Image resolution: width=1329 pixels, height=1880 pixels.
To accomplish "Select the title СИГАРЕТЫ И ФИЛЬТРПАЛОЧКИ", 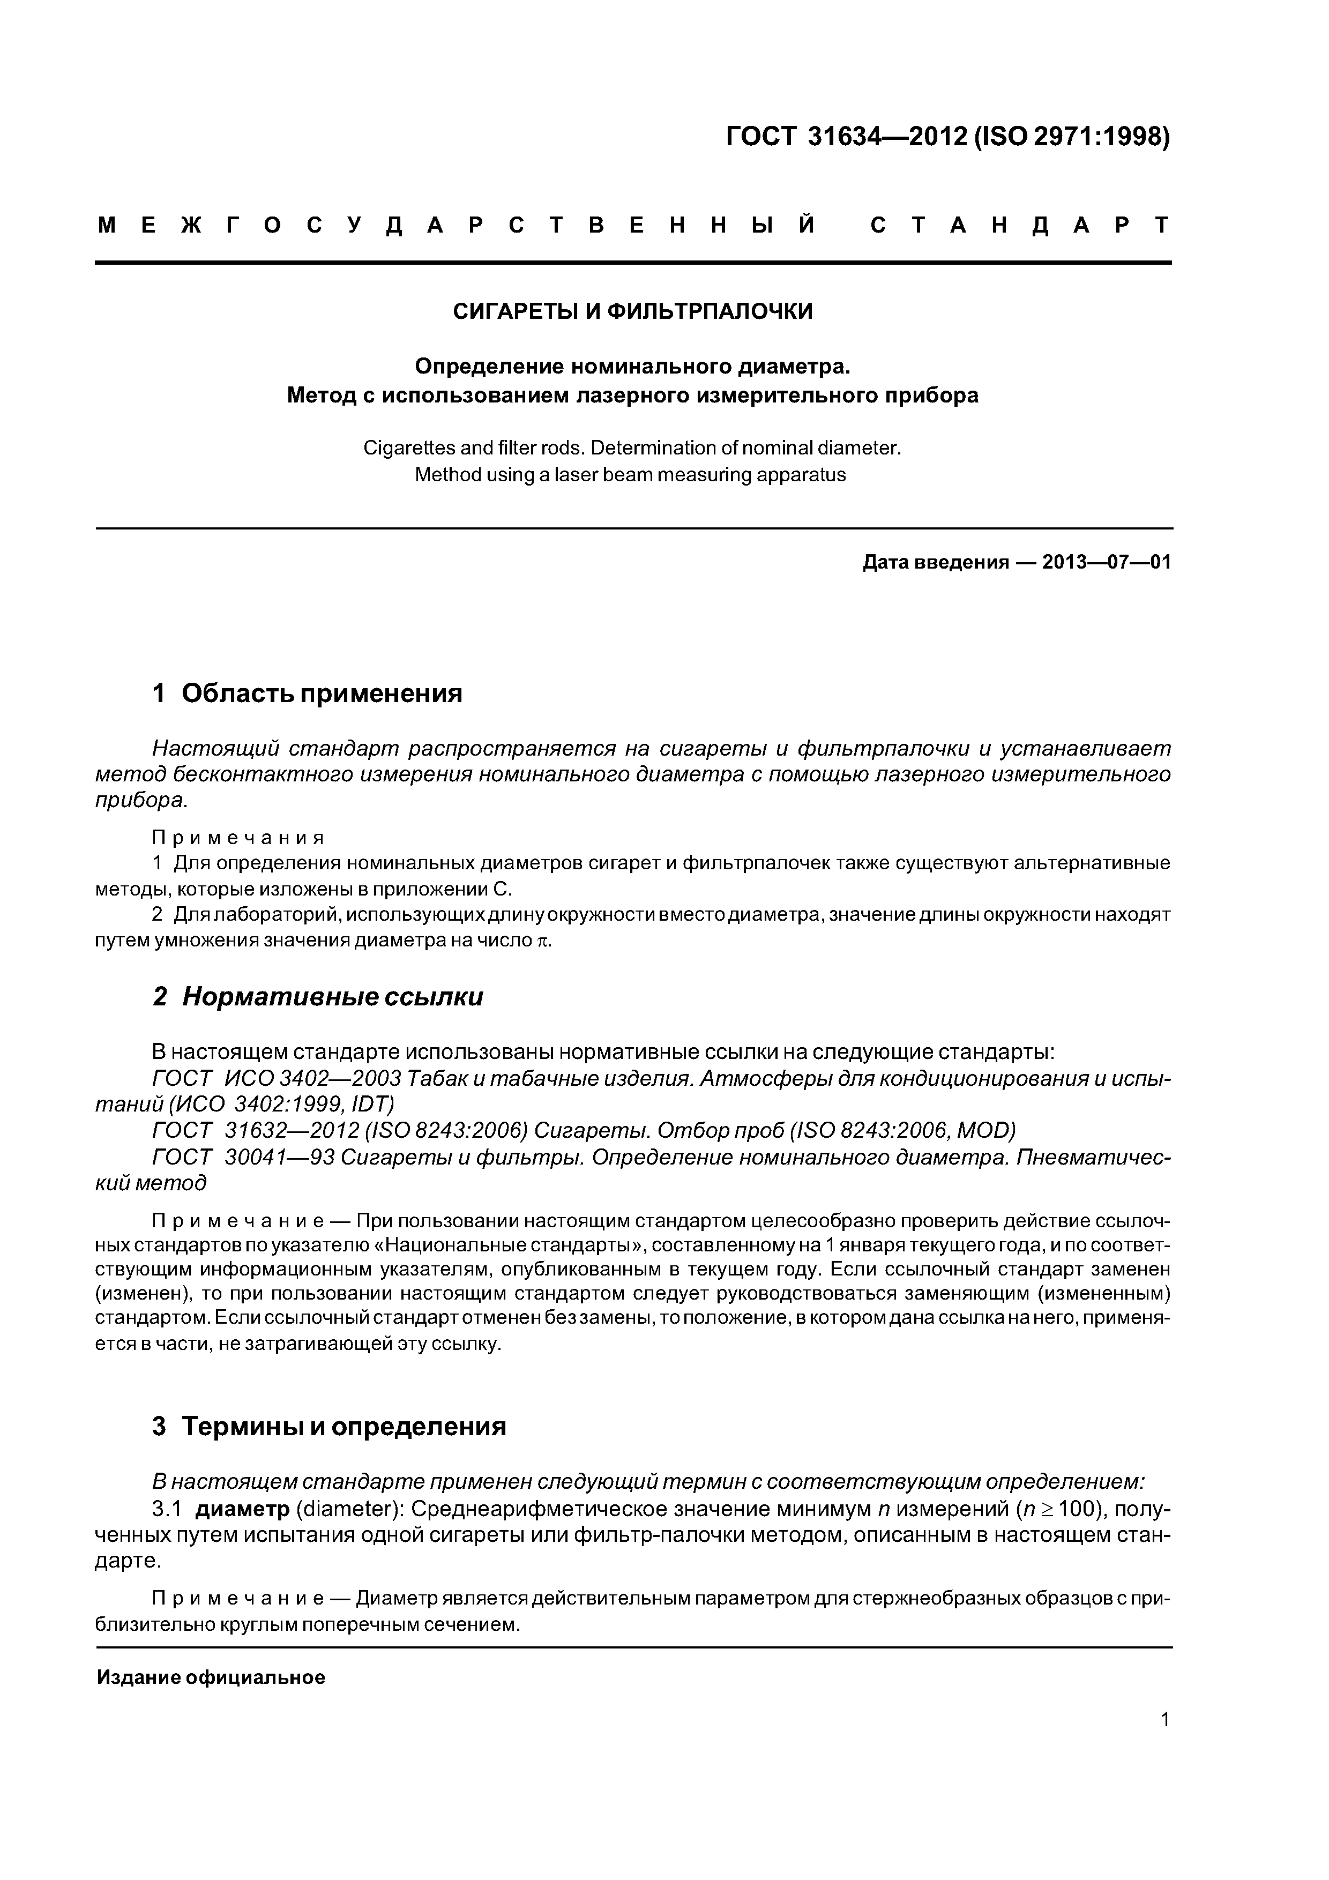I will (633, 311).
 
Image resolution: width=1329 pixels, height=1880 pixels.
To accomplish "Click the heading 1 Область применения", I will (307, 693).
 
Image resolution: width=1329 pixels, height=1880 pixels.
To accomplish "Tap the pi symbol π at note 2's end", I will (542, 941).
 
